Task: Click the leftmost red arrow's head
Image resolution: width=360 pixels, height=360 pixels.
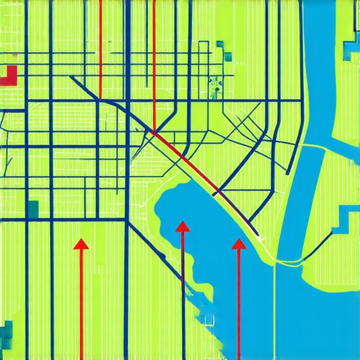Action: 81,244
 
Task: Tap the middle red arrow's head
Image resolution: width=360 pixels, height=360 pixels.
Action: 182,226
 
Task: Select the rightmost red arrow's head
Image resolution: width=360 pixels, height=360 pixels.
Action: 239,244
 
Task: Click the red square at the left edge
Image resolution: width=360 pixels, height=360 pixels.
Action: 9,75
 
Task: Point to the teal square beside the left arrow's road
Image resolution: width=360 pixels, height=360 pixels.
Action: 32,208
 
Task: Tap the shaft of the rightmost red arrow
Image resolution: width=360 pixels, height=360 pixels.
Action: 239,302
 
